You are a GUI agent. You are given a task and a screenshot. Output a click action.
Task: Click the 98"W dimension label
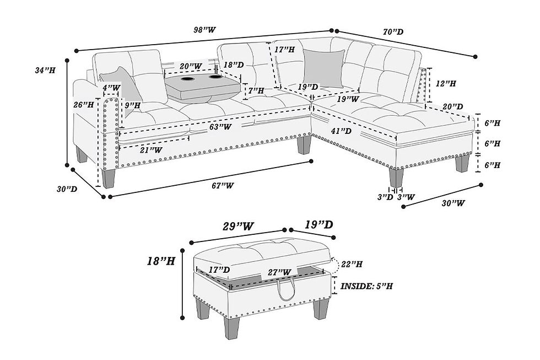204,30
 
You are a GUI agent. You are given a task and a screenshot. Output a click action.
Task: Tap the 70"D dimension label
393,32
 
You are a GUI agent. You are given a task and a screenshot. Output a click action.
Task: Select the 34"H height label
45,71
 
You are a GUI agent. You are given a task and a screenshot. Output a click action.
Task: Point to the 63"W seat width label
220,127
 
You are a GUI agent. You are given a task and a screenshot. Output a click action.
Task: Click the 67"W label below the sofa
223,186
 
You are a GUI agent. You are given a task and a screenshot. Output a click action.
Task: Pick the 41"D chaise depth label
341,131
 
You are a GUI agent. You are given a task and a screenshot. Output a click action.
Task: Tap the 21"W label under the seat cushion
151,150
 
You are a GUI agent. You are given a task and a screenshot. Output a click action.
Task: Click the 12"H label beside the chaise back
446,83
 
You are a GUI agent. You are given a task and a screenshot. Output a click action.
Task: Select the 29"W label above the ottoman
238,227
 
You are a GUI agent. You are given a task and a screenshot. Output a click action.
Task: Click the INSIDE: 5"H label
366,286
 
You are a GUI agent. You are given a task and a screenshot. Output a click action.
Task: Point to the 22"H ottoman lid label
352,264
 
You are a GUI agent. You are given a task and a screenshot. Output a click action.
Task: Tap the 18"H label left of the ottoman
161,261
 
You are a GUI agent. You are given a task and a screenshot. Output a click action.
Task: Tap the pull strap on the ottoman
286,288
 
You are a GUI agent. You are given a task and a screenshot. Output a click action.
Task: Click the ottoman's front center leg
231,327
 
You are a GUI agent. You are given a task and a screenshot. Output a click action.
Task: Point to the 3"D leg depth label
385,197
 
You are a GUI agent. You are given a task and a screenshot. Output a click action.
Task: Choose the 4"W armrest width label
111,88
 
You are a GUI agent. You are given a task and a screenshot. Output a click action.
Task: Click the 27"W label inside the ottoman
280,272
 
